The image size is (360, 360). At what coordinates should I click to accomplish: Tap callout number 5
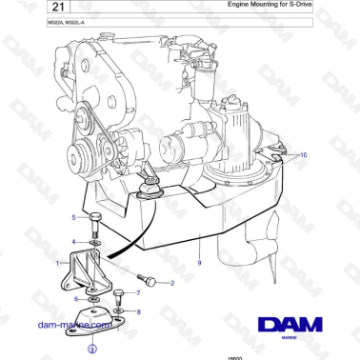coord(74,218)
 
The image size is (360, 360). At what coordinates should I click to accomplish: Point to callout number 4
coord(74,242)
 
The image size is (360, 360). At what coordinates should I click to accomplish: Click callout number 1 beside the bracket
coord(59,262)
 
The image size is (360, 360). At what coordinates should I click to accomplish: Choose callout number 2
coord(171,283)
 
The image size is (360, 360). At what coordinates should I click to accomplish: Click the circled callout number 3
coord(91,350)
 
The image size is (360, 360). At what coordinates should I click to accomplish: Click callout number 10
coord(304,154)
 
